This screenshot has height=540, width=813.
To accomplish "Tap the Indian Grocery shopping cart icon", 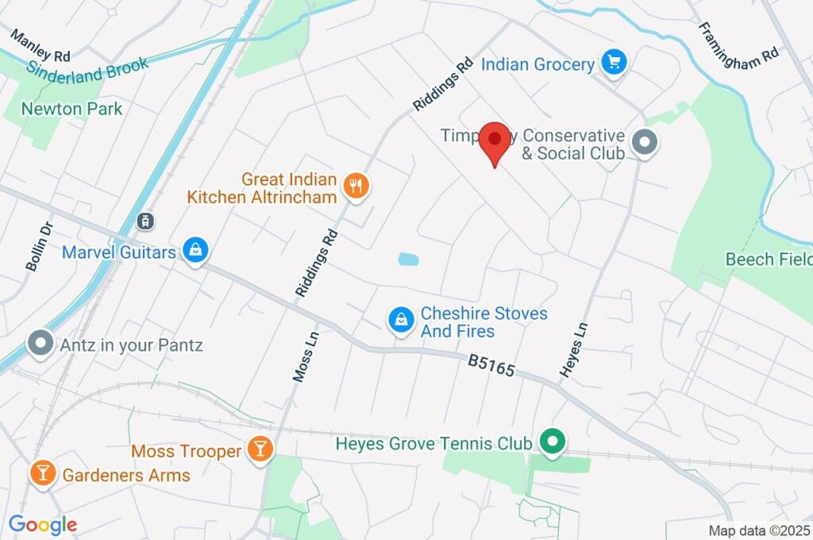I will click(613, 62).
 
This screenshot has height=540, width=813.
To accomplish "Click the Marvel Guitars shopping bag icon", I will click(195, 251).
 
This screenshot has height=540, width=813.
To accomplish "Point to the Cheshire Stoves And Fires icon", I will click(402, 320).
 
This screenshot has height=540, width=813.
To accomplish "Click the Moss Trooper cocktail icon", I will click(259, 449).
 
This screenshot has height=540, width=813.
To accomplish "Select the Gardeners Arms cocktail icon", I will click(42, 474).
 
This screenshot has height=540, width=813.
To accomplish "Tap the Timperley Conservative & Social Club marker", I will click(645, 144).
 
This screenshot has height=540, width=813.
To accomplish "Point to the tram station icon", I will click(145, 220).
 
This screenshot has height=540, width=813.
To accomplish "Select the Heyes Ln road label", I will click(574, 349).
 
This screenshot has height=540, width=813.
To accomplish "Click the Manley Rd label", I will click(40, 45).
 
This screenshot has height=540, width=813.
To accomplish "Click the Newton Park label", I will click(72, 109).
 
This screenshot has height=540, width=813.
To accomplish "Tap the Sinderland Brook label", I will click(88, 69).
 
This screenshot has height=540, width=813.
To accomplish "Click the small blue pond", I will click(407, 259).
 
